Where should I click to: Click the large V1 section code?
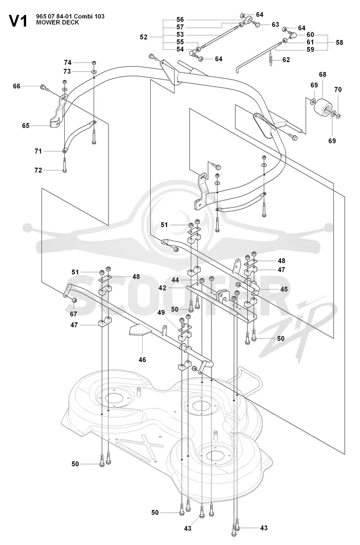click(x=18, y=21)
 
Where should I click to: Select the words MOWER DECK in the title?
click(x=58, y=22)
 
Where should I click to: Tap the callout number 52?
click(x=144, y=37)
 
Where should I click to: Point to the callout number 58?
click(x=339, y=42)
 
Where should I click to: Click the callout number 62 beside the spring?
click(x=286, y=60)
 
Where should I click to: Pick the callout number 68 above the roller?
click(x=323, y=74)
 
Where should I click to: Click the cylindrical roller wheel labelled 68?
click(x=323, y=108)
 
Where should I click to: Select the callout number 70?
click(x=338, y=89)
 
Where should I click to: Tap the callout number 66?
click(x=17, y=86)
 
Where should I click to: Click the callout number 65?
click(x=26, y=125)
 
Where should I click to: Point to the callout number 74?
click(x=67, y=63)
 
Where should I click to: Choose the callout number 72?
click(x=38, y=170)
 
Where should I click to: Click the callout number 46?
click(x=142, y=360)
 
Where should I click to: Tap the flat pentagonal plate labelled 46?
click(x=140, y=331)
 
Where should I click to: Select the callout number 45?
click(x=284, y=289)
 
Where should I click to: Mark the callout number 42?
click(x=162, y=288)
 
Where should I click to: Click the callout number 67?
click(x=73, y=314)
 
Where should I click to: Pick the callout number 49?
click(x=161, y=313)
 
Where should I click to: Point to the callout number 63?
click(x=275, y=25)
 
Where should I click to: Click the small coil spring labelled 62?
click(x=270, y=60)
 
